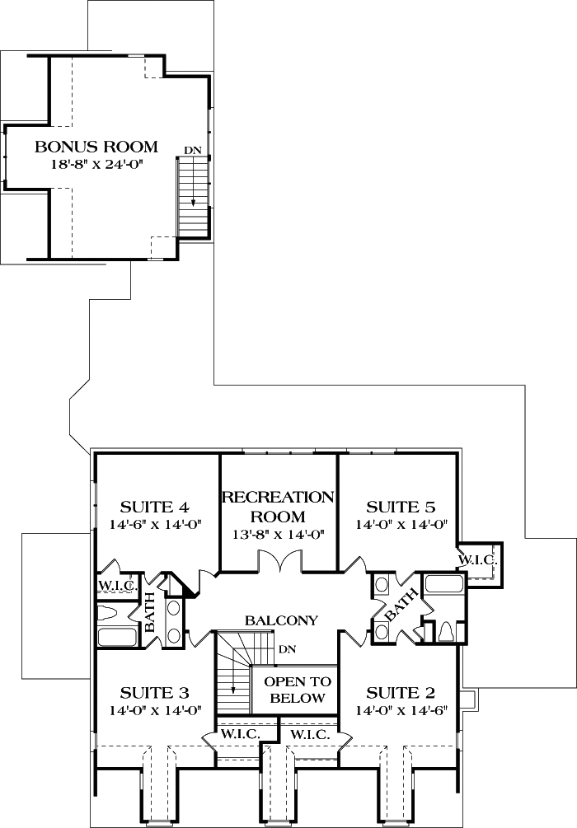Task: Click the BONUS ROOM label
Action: (x=96, y=147)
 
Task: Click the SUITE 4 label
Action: (x=156, y=506)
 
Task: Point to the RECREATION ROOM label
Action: (x=279, y=507)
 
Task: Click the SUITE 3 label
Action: (x=155, y=691)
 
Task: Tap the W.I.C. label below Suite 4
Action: (x=115, y=586)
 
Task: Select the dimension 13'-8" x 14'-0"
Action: (x=279, y=534)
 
